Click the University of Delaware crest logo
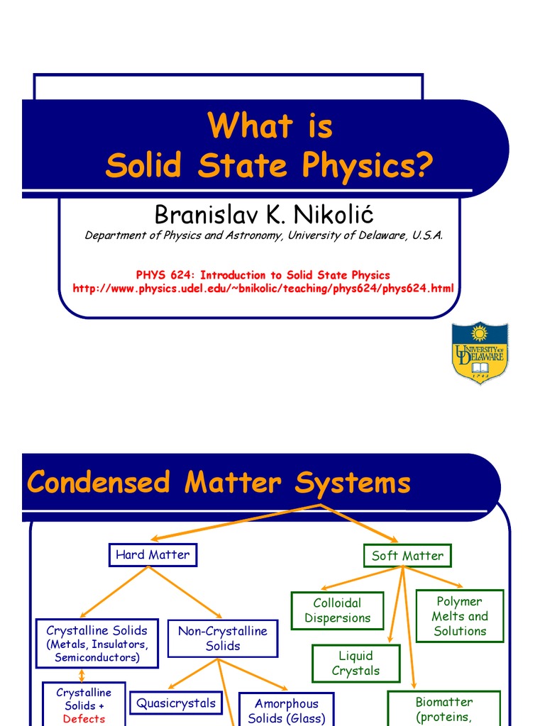(x=480, y=353)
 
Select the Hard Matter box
(x=153, y=555)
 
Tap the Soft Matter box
(x=407, y=556)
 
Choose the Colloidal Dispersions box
(x=338, y=610)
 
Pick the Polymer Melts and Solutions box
(x=460, y=616)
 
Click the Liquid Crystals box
(x=356, y=664)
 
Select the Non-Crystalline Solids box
(x=223, y=638)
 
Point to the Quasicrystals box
(x=175, y=703)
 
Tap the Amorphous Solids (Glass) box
(x=287, y=710)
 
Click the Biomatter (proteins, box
(x=444, y=708)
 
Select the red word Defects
(x=84, y=719)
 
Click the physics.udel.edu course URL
(x=263, y=288)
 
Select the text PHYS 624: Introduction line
(x=263, y=275)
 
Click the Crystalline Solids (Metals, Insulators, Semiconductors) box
(x=97, y=644)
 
